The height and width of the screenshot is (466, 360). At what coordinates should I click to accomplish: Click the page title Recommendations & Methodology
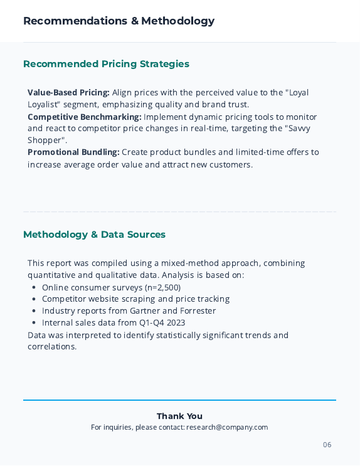point(119,21)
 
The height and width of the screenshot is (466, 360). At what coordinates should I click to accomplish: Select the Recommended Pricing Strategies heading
point(106,64)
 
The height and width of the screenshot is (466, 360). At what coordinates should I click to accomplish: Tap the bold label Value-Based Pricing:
point(68,92)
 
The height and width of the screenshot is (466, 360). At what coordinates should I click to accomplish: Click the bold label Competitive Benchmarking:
point(84,117)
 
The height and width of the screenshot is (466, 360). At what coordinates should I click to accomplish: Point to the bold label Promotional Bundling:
point(73,152)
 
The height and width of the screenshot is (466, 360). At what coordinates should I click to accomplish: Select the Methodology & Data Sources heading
point(94,235)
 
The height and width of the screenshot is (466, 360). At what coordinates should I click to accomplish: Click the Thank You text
point(179,416)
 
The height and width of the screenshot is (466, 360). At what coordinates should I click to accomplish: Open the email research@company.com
point(226,428)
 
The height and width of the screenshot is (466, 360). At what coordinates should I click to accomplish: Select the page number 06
point(327,445)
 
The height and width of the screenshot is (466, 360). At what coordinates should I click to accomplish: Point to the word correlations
point(51,347)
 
